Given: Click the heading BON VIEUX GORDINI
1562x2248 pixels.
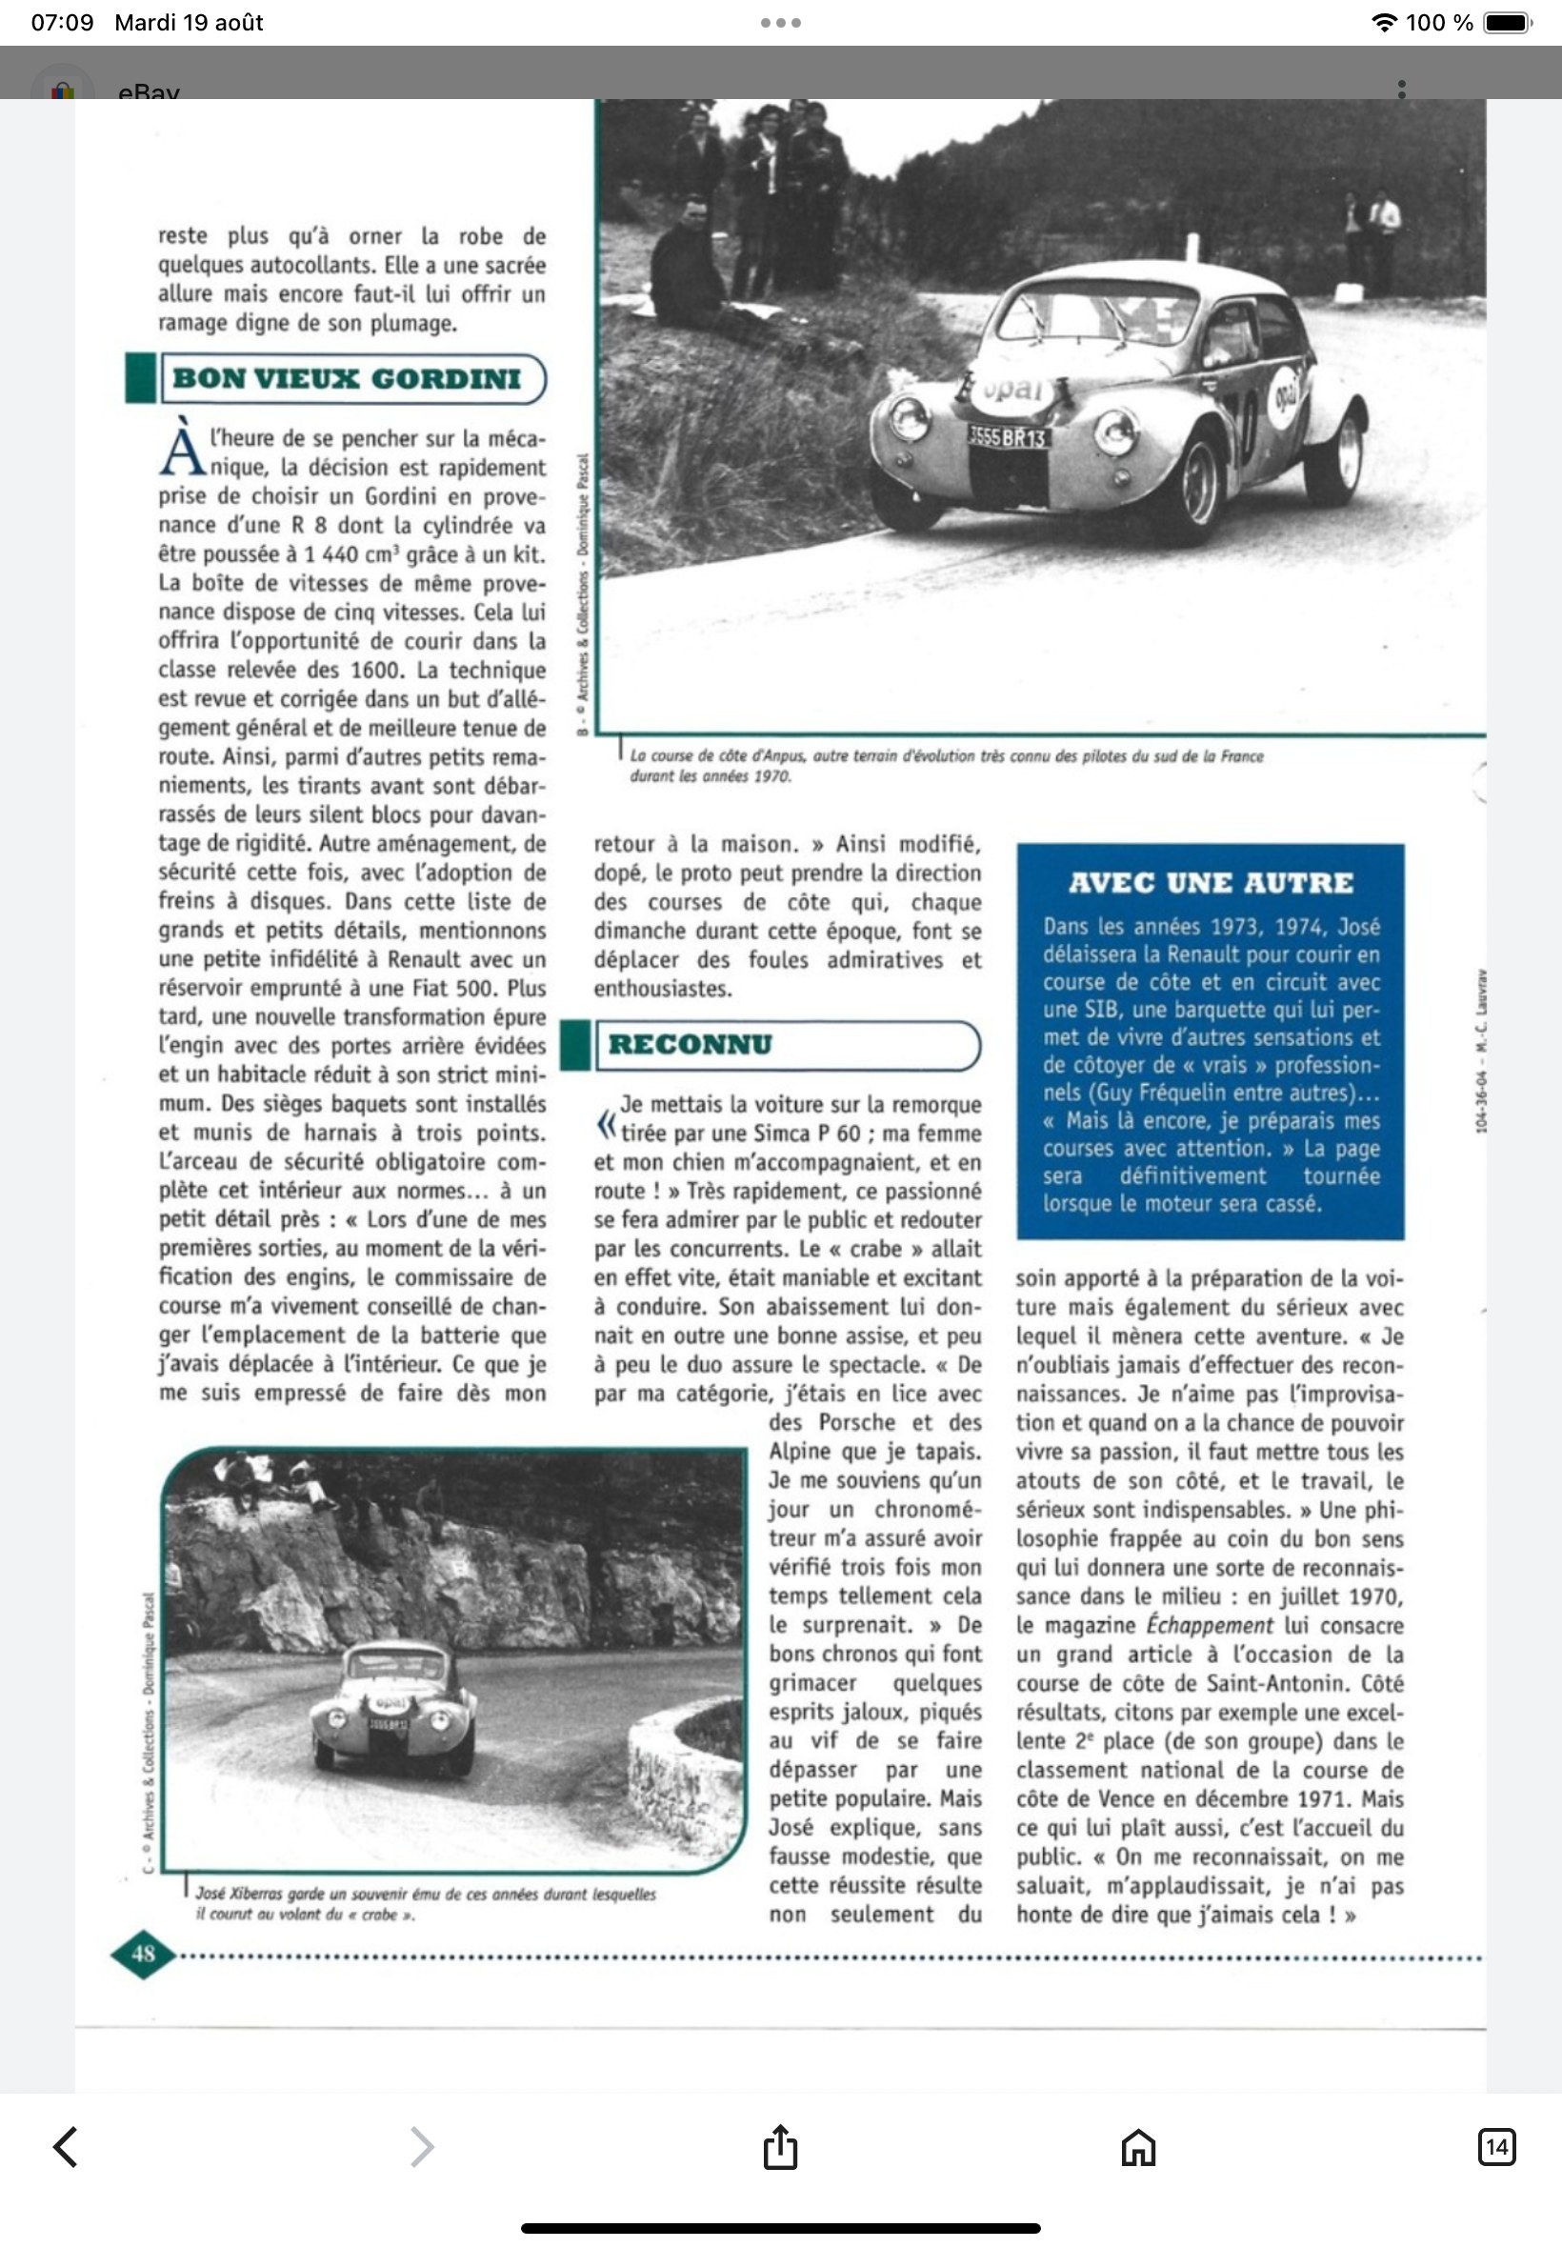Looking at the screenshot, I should pyautogui.click(x=348, y=379).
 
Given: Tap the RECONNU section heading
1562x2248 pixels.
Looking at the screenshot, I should pyautogui.click(x=690, y=1044).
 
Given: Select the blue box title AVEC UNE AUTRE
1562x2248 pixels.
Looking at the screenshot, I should pyautogui.click(x=1211, y=883).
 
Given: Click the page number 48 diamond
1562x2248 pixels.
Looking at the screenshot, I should pyautogui.click(x=143, y=1954).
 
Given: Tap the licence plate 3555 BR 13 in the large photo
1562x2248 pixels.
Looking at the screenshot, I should pyautogui.click(x=1007, y=436).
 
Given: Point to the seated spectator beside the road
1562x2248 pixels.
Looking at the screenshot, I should pyautogui.click(x=690, y=264).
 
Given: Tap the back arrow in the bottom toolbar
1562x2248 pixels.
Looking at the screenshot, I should pyautogui.click(x=66, y=2146).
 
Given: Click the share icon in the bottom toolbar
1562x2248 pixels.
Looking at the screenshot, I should pyautogui.click(x=780, y=2146).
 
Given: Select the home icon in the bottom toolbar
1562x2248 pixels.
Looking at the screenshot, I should pyautogui.click(x=1137, y=2146).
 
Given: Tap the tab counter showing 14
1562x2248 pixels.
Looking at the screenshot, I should pyautogui.click(x=1495, y=2146).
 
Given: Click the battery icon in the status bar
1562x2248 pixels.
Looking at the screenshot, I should pyautogui.click(x=1508, y=23).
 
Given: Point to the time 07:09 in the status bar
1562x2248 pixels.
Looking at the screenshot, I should pyautogui.click(x=62, y=23).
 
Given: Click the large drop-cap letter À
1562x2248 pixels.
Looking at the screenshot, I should pyautogui.click(x=182, y=451).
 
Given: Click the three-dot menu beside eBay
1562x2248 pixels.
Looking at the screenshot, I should pyautogui.click(x=1401, y=89).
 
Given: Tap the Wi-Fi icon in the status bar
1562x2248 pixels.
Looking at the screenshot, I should pyautogui.click(x=1383, y=23).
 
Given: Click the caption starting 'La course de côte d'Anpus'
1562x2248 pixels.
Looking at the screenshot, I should pyautogui.click(x=946, y=764).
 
